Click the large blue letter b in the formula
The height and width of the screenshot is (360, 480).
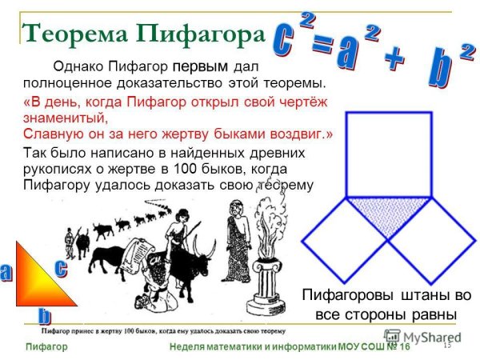(440, 70)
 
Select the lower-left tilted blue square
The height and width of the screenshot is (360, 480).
(345, 240)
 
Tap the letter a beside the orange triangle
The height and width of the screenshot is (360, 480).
(6, 273)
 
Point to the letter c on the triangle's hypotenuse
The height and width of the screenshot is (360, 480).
(60, 268)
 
